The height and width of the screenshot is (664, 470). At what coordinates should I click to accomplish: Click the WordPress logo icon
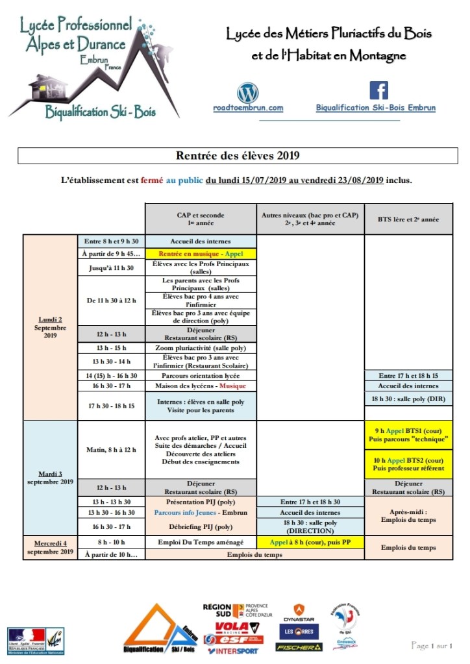click(x=248, y=92)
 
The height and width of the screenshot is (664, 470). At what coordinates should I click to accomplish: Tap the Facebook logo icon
click(x=378, y=90)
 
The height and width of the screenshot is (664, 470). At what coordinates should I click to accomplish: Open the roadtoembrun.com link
click(x=248, y=108)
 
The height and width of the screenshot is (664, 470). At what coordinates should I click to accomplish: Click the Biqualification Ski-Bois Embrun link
click(x=376, y=108)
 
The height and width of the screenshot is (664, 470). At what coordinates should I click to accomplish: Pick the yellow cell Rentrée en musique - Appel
click(x=201, y=253)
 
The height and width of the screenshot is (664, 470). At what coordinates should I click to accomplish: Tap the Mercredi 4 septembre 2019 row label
click(x=50, y=547)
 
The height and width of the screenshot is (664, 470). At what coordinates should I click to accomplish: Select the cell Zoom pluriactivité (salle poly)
click(x=201, y=347)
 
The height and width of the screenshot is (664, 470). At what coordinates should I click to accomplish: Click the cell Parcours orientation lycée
click(x=201, y=376)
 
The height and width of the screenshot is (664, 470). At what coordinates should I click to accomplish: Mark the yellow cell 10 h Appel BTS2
click(x=408, y=463)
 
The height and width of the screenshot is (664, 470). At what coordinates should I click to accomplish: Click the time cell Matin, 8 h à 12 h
click(x=110, y=449)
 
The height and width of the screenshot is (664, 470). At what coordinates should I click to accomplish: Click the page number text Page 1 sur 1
click(x=432, y=645)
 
